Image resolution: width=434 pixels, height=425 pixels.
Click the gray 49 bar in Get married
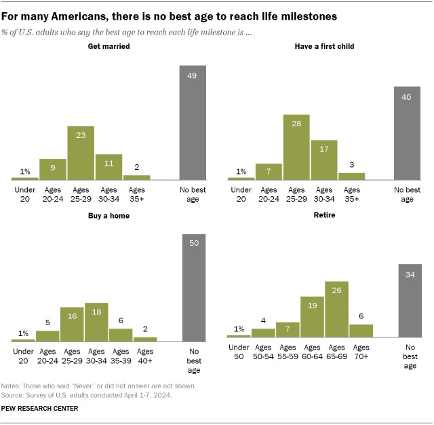click(x=193, y=122)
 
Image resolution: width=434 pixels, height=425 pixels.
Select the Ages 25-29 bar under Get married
click(x=81, y=153)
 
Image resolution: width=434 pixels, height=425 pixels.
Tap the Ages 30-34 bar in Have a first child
click(x=324, y=160)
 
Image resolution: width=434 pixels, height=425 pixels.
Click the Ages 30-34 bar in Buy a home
click(x=96, y=322)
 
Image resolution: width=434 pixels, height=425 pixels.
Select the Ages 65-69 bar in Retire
click(x=336, y=309)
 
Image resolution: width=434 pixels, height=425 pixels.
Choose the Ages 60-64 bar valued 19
click(x=312, y=316)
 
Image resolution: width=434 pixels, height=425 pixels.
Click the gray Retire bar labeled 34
click(x=410, y=301)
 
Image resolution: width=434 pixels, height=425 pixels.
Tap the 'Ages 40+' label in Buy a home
click(x=145, y=356)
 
